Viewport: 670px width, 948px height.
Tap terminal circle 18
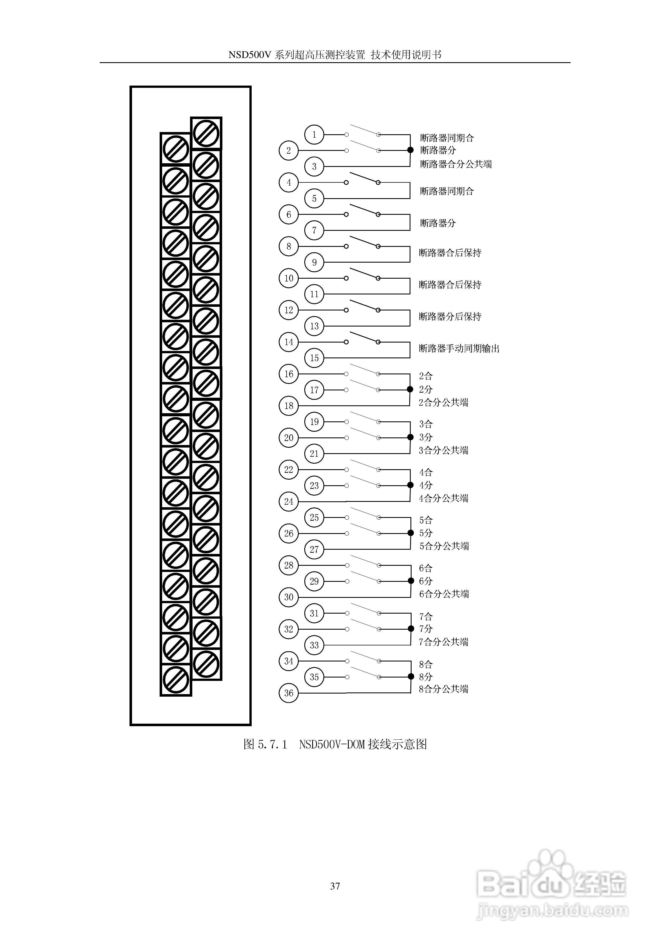click(x=289, y=406)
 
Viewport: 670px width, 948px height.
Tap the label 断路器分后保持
click(x=450, y=317)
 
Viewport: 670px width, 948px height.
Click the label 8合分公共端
click(x=444, y=689)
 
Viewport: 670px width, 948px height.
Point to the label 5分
click(x=426, y=533)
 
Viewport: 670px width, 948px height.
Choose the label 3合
click(x=426, y=424)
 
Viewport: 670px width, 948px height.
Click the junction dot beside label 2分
click(x=410, y=389)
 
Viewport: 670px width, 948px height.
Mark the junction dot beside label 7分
click(x=411, y=629)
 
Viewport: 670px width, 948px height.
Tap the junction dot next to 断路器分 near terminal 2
click(x=410, y=150)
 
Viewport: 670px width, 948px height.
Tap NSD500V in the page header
click(x=249, y=55)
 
